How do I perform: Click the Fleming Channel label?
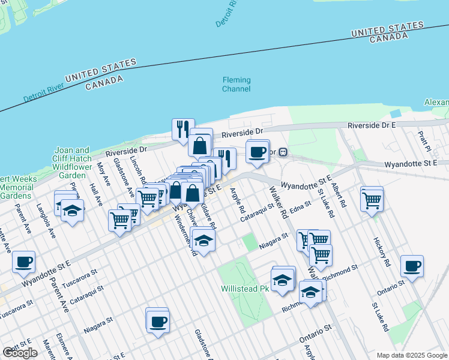[x=237, y=85]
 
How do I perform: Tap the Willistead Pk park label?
[x=245, y=289]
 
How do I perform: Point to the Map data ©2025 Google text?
[x=412, y=355]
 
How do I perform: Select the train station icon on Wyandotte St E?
[x=283, y=152]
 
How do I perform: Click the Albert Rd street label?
[x=338, y=196]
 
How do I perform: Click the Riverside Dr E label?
[x=372, y=125]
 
